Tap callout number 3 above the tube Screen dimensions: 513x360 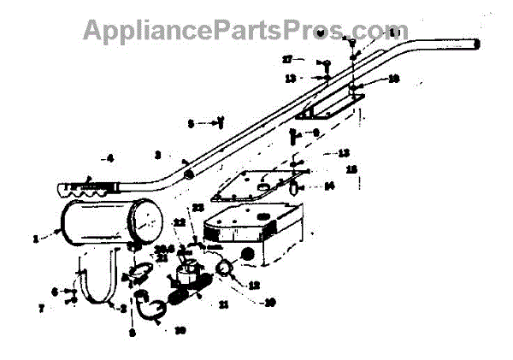[x=157, y=155]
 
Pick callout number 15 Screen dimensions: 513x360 [x=351, y=169]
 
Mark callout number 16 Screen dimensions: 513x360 [x=393, y=78]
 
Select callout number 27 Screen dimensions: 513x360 [x=288, y=59]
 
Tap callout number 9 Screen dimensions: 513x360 [x=315, y=133]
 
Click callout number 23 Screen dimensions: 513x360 [x=198, y=208]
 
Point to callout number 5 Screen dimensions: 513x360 [x=191, y=123]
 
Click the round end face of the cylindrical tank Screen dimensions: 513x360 [x=150, y=221]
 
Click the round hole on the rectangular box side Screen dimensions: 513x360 [x=249, y=254]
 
